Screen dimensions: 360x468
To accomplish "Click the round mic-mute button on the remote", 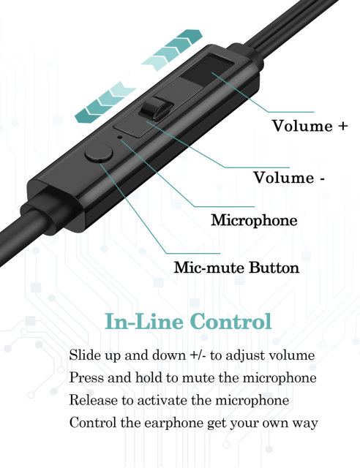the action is [x=99, y=153].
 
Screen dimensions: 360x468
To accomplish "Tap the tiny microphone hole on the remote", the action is [x=120, y=137].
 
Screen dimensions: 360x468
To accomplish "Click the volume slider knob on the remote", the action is [x=156, y=109].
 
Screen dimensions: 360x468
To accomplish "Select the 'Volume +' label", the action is [x=310, y=126].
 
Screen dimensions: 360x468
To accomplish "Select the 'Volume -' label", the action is [x=289, y=178].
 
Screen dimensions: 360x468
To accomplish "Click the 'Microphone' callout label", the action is [x=254, y=221].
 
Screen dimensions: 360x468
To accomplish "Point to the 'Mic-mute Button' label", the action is [x=236, y=268].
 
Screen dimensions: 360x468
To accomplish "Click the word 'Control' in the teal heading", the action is [x=230, y=322].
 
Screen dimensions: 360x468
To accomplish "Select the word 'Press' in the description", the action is [x=86, y=378].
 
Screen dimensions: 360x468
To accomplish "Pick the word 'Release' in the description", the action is [x=94, y=400].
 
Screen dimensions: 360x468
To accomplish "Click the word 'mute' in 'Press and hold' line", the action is [x=198, y=378].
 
